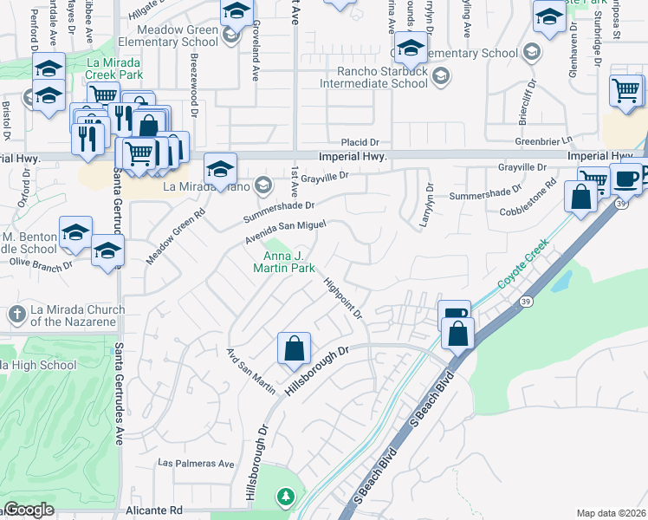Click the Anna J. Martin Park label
(289, 262)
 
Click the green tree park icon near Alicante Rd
(285, 497)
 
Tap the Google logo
(29, 510)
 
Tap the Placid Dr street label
(360, 141)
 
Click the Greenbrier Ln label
(545, 140)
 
